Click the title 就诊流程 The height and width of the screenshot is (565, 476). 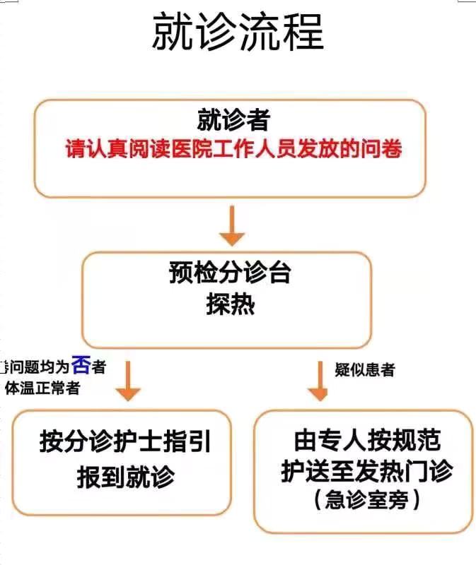(x=238, y=32)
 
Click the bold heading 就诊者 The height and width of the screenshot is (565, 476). (x=233, y=120)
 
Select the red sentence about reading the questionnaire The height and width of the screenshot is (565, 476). (x=234, y=150)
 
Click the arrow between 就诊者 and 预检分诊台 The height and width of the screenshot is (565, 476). (x=231, y=225)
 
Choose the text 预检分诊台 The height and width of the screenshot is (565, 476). (x=230, y=273)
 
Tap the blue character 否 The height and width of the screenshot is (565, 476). (x=81, y=365)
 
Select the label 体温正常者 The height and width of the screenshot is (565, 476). (x=43, y=388)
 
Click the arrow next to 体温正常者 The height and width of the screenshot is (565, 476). (x=127, y=382)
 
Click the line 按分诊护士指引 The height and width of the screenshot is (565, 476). (x=125, y=443)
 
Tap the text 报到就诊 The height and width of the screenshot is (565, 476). (x=125, y=477)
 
